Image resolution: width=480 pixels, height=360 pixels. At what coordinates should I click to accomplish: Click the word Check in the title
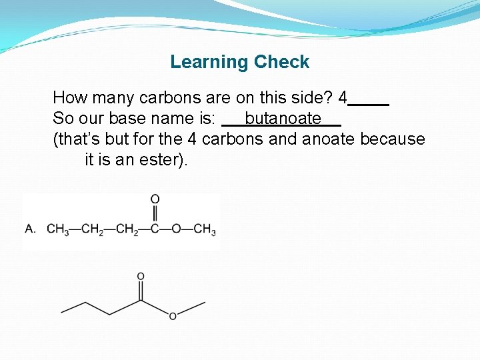click(280, 62)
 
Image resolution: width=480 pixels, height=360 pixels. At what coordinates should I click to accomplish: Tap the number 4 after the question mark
click(343, 98)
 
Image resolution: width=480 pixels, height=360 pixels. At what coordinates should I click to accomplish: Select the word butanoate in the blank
click(283, 119)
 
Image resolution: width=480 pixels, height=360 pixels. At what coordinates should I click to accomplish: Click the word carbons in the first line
click(166, 98)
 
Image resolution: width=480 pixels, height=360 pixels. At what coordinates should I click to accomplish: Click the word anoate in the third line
click(329, 139)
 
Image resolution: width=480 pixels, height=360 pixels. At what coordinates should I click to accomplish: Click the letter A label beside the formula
click(30, 229)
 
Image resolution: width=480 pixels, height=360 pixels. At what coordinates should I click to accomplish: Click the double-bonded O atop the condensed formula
click(155, 199)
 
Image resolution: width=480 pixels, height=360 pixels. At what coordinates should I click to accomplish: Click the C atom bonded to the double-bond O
click(155, 229)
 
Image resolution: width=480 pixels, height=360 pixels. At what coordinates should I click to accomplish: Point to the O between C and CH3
click(176, 229)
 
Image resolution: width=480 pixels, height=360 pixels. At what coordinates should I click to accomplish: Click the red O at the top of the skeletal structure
click(141, 276)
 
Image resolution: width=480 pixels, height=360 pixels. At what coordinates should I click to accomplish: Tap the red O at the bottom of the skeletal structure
click(173, 316)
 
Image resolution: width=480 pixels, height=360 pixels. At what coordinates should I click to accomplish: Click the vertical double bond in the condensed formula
click(155, 214)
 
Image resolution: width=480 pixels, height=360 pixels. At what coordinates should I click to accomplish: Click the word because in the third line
click(392, 139)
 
